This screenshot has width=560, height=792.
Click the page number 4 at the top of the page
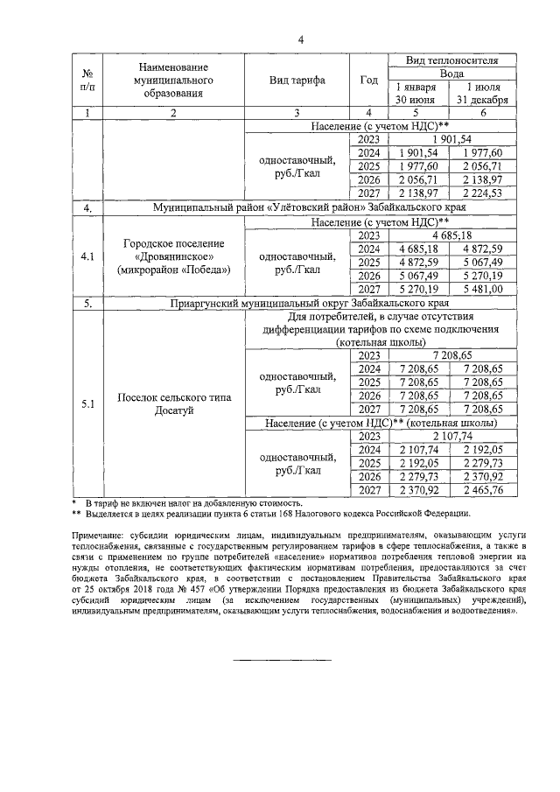(x=300, y=39)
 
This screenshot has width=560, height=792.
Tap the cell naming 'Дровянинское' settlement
(x=174, y=256)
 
